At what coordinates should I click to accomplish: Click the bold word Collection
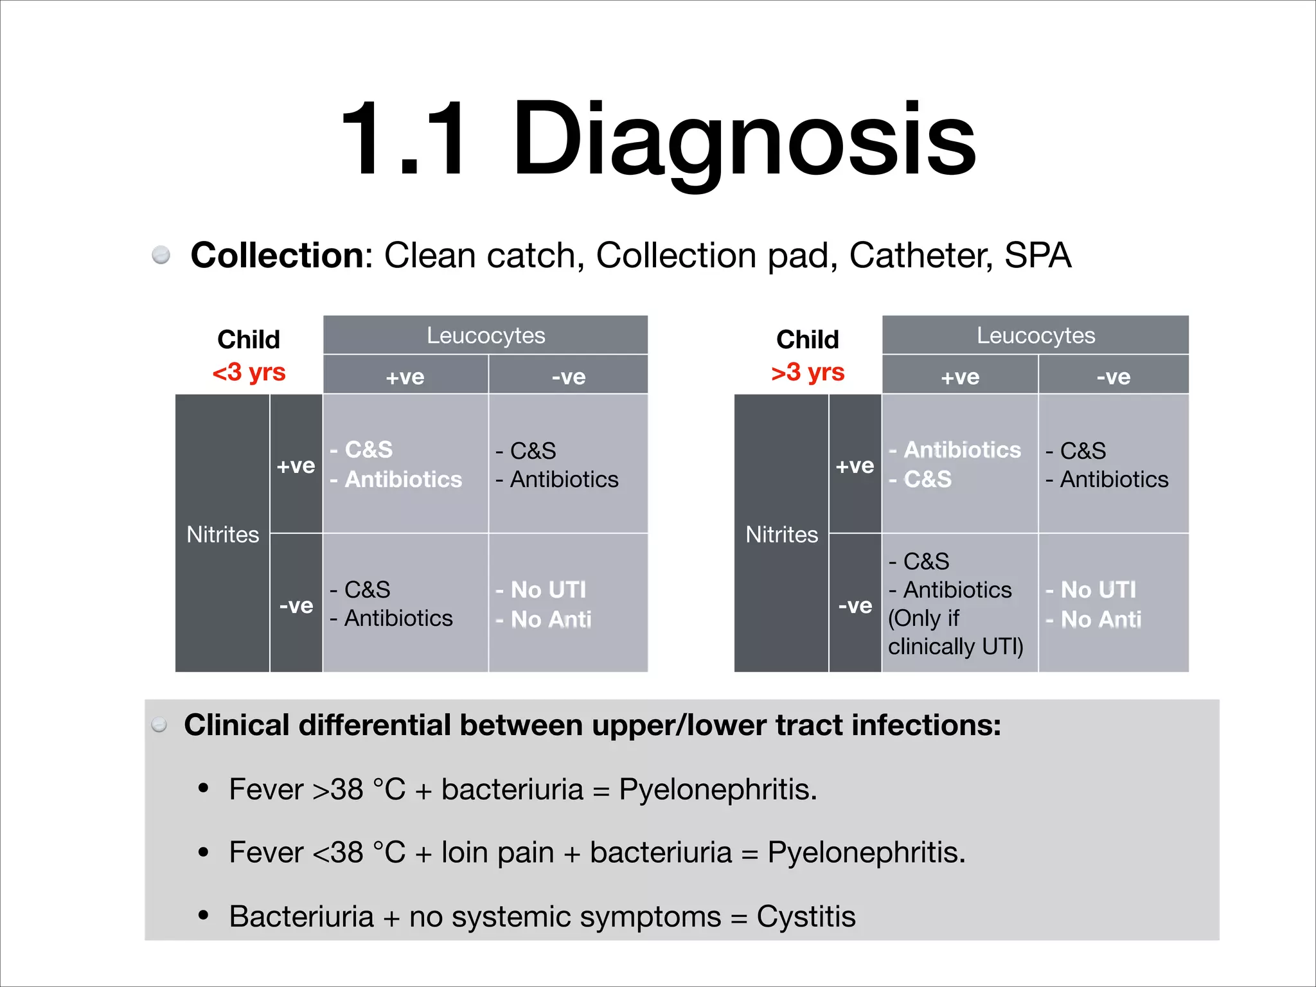tap(277, 256)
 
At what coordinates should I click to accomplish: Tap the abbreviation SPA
tap(1037, 256)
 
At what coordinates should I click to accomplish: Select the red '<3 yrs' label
tap(249, 372)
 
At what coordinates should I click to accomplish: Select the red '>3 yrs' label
tap(808, 372)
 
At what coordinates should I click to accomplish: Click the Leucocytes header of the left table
tap(486, 335)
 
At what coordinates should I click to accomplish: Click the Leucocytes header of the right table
tap(1036, 335)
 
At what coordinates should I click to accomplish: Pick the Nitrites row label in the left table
tap(222, 535)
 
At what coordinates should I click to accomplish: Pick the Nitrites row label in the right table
tap(781, 535)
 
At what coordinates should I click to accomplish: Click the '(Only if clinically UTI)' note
tap(956, 632)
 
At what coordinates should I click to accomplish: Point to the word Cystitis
tap(806, 916)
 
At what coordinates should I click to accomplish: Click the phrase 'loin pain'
tap(497, 853)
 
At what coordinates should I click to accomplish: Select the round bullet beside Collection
tap(161, 255)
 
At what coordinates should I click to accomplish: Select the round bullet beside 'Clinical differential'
tap(159, 725)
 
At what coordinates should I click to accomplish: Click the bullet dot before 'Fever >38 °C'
tap(204, 788)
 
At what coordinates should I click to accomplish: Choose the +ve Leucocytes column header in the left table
tap(405, 377)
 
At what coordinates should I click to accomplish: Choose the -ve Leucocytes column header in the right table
tap(1113, 377)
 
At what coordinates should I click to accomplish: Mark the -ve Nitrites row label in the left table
tap(296, 605)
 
